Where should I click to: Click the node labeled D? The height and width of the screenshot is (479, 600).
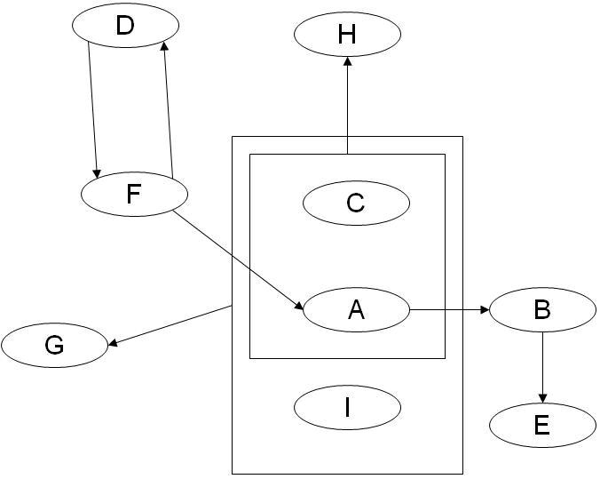(x=125, y=26)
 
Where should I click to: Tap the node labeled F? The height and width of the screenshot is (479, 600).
(x=134, y=194)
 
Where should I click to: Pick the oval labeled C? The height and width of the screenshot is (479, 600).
(x=356, y=203)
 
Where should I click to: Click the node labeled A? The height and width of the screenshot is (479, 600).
(x=356, y=309)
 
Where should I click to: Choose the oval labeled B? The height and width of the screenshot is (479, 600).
(x=542, y=309)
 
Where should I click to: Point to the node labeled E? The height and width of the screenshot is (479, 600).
(x=542, y=425)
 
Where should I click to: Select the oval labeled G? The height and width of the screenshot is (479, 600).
(x=54, y=345)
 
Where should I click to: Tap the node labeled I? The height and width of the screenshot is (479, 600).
(x=347, y=407)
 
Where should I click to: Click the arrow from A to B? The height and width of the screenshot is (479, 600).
(x=449, y=309)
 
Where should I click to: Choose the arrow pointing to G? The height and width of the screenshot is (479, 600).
(x=169, y=325)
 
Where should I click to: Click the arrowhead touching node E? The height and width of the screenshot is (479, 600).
(x=542, y=397)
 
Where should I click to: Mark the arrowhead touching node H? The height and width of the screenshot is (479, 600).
(x=347, y=60)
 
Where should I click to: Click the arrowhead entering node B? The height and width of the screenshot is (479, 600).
(x=485, y=309)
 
